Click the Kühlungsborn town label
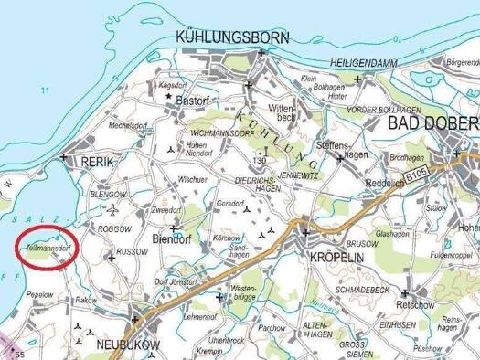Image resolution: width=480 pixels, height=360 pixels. (x=231, y=37)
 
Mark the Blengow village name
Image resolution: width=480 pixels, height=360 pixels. (x=108, y=195)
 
